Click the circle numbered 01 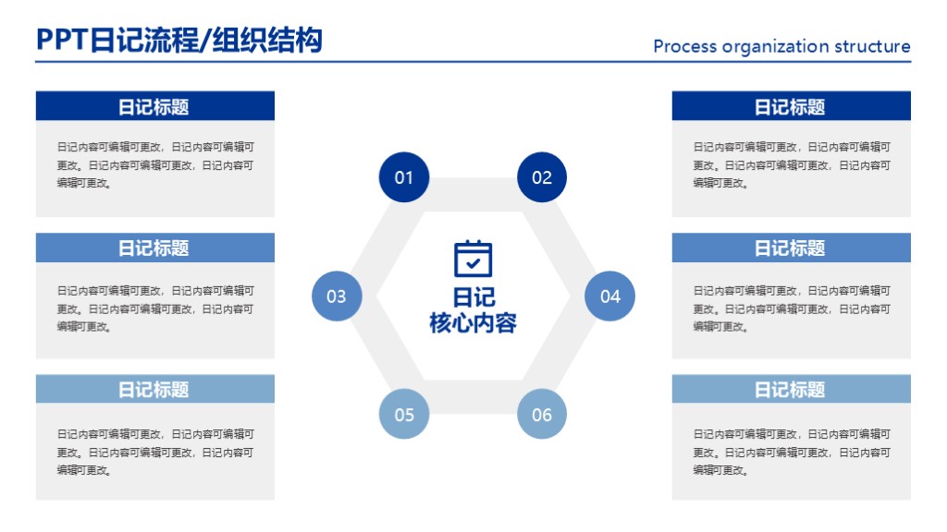[404, 177]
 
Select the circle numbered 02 [541, 177]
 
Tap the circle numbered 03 [337, 296]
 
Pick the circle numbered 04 [609, 296]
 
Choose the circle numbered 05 [404, 415]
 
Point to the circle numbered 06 [541, 415]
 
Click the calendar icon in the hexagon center [473, 259]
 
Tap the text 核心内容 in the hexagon [473, 323]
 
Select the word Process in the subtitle [684, 46]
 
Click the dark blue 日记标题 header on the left [154, 106]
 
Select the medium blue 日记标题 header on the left [154, 248]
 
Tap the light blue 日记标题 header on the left [154, 389]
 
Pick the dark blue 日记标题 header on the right [791, 106]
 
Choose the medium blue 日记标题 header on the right [791, 248]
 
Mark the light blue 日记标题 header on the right [791, 389]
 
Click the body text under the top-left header [154, 164]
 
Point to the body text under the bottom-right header [791, 452]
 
